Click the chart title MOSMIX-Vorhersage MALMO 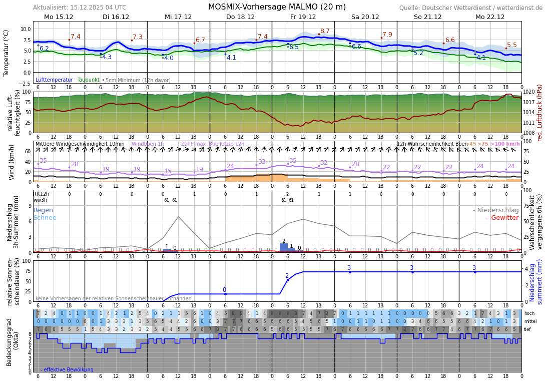[x=277, y=7]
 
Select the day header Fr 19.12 [x=303, y=17]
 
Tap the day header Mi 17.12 [x=178, y=17]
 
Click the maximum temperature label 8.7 [x=325, y=31]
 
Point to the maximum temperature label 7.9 [x=387, y=35]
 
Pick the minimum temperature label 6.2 [x=44, y=49]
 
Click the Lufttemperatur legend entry [x=54, y=80]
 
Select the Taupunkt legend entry [x=88, y=80]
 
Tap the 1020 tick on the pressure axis [x=529, y=92]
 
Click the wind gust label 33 [x=262, y=162]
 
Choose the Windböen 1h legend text [x=147, y=144]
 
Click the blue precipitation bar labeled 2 [x=284, y=247]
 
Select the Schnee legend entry [x=45, y=218]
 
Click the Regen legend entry [x=43, y=210]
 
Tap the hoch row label [x=529, y=313]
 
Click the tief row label [x=527, y=329]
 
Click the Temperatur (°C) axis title [x=7, y=53]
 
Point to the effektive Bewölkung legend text [x=67, y=369]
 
